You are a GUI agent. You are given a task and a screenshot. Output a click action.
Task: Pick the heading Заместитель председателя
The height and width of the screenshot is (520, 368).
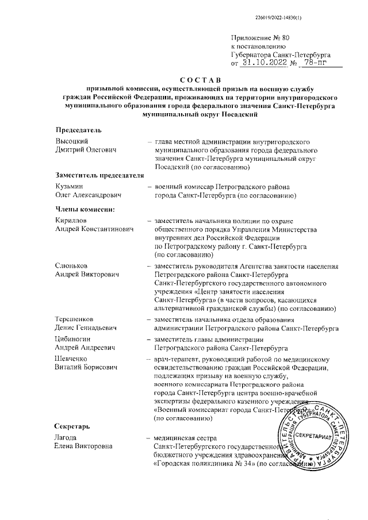pos(99,175)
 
